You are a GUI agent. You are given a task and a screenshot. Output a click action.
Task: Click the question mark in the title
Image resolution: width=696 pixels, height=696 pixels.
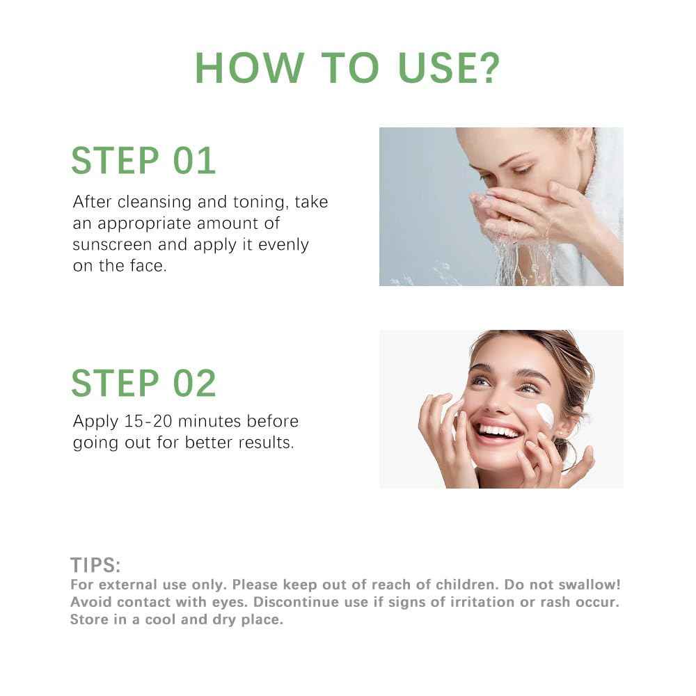(x=487, y=68)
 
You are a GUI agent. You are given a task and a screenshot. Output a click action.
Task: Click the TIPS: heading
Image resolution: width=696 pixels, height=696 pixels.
(x=95, y=564)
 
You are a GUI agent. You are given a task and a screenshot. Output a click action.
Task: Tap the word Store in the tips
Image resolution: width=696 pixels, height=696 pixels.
(x=88, y=619)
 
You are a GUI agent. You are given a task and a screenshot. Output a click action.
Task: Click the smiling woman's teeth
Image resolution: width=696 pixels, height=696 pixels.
(x=497, y=432)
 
